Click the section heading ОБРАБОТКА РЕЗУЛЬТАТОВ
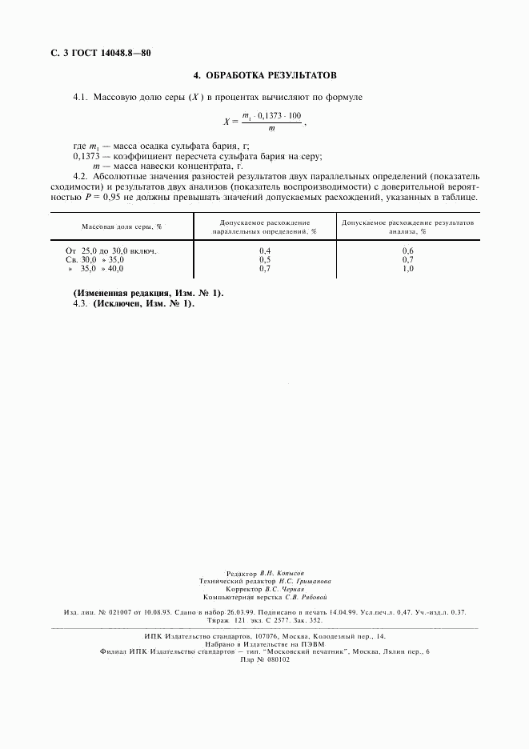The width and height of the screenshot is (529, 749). (271, 76)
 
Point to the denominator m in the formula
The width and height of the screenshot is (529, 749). (272, 128)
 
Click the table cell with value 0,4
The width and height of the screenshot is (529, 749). (266, 251)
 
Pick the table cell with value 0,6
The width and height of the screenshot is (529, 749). (407, 251)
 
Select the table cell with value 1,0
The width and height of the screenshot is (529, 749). (407, 269)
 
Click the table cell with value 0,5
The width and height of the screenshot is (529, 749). (266, 260)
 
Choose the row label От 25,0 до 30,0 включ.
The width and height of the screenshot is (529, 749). (111, 251)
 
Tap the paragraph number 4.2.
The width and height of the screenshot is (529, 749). (80, 176)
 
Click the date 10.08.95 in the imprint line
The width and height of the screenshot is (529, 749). (159, 612)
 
